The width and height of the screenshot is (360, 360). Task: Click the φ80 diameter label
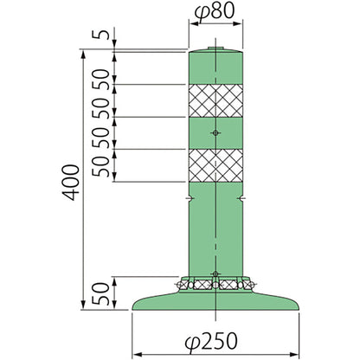point(213,12)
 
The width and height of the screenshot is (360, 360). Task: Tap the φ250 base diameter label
point(211,342)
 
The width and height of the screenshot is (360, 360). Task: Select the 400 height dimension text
point(71,182)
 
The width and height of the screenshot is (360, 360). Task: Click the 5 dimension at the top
point(100,35)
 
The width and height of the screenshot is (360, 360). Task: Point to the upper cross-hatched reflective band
point(215,100)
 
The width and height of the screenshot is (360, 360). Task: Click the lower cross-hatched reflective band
point(215,165)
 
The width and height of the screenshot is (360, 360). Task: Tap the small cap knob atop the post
point(215,48)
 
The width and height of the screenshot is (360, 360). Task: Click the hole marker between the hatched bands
point(215,132)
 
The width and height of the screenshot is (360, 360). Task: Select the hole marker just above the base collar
point(215,273)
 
